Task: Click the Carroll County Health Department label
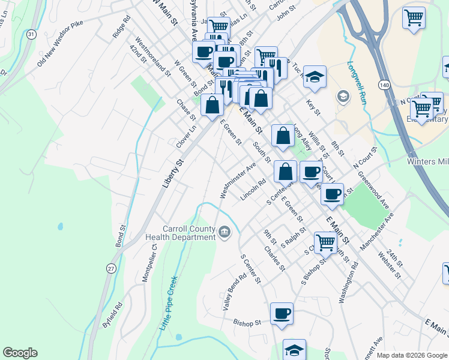(189, 233)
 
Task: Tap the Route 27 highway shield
(111, 269)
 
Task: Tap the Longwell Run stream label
(357, 83)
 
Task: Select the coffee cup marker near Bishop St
(282, 313)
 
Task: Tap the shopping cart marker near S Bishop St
(325, 243)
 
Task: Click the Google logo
(20, 353)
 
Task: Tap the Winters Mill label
(427, 162)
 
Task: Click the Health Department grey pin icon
(224, 231)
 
